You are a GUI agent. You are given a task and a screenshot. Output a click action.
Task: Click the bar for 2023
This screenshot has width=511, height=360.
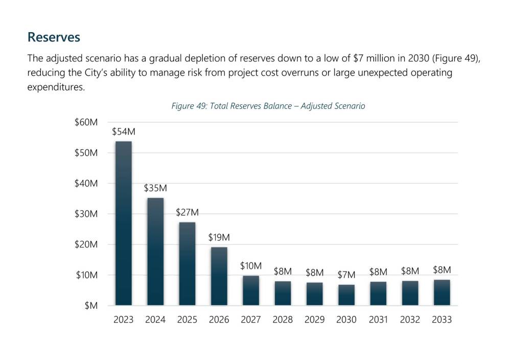(123, 223)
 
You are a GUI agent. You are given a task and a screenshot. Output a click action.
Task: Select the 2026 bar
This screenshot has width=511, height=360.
(219, 276)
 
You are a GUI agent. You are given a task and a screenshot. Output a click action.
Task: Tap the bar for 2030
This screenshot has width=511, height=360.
(346, 295)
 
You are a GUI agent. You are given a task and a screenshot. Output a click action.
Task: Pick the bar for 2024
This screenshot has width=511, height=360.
(155, 252)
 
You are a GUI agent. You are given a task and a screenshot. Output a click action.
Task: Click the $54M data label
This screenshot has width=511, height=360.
(123, 132)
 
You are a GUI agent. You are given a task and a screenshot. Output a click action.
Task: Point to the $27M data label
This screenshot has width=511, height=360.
(187, 212)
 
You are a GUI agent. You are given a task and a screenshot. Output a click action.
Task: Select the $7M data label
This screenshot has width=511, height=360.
(346, 275)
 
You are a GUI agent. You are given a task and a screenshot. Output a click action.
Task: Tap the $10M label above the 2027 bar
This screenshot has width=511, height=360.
(250, 266)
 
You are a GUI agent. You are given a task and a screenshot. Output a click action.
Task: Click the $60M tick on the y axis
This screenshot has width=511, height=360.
(86, 122)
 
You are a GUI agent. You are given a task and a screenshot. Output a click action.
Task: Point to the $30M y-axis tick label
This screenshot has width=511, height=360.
(86, 214)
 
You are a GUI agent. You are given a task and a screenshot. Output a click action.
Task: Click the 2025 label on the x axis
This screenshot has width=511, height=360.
(187, 320)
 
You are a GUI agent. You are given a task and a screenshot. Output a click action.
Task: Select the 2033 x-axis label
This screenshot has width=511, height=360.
(442, 320)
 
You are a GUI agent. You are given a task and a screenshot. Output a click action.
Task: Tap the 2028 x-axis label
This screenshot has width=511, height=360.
(283, 320)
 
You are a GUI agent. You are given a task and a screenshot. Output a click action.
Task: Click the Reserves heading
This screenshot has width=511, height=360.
(54, 37)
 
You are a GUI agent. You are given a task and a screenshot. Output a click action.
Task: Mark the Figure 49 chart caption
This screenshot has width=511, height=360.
(268, 106)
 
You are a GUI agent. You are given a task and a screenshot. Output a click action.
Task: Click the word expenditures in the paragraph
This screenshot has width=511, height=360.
(55, 87)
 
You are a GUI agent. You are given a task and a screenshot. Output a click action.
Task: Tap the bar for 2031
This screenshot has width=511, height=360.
(378, 294)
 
